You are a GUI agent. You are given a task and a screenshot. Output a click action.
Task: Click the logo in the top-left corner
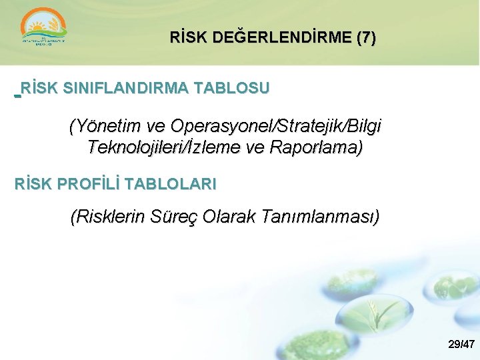pyautogui.click(x=44, y=31)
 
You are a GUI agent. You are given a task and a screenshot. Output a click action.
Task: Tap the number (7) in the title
pyautogui.click(x=366, y=39)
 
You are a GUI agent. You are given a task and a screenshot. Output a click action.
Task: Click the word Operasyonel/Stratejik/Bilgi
pyautogui.click(x=276, y=126)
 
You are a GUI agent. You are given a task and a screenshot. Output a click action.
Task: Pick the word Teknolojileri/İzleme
pyautogui.click(x=164, y=147)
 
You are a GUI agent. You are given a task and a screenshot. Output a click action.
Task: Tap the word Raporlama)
pyautogui.click(x=317, y=147)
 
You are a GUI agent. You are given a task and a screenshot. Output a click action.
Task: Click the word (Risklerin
pyautogui.click(x=107, y=217)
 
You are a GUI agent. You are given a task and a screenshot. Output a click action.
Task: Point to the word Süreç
pyautogui.click(x=175, y=217)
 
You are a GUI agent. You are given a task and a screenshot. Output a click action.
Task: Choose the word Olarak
pyautogui.click(x=233, y=217)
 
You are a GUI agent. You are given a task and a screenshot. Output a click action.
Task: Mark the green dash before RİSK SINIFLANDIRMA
pyautogui.click(x=17, y=95)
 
